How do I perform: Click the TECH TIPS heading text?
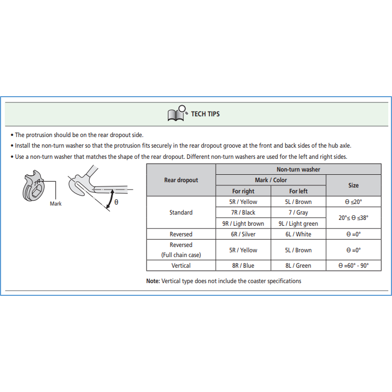[206, 114]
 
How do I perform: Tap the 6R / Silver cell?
[243, 234]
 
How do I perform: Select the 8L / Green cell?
[298, 266]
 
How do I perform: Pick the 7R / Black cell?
[243, 212]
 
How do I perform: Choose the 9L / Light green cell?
[298, 224]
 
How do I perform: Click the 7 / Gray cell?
[298, 212]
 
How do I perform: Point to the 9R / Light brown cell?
[243, 224]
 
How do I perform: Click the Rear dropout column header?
[181, 180]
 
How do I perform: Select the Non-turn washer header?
[298, 169]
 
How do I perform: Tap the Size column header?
[353, 185]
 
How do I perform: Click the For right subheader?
[243, 191]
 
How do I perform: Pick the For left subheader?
[298, 191]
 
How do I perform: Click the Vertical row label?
[181, 266]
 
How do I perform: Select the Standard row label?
[181, 212]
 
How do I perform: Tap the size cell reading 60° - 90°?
[353, 266]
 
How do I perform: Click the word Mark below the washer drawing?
[56, 203]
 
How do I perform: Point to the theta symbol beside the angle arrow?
[116, 202]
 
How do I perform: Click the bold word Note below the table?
[153, 281]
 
